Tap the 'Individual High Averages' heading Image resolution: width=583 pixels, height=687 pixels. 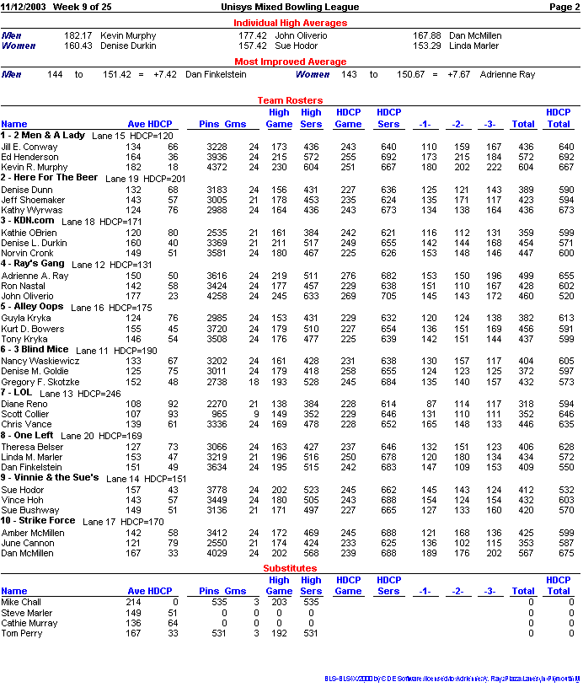(290, 23)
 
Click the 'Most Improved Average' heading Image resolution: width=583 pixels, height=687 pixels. (290, 62)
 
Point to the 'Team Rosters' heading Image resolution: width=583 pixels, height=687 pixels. (290, 100)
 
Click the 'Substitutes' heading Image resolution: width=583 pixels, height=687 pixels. (290, 568)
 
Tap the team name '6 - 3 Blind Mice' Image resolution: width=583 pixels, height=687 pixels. (35, 349)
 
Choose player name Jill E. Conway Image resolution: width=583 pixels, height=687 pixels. (29, 147)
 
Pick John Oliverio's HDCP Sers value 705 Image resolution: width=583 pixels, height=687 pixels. (388, 296)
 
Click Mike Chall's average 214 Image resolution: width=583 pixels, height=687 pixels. (133, 603)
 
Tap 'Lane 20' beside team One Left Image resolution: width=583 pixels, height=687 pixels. (78, 436)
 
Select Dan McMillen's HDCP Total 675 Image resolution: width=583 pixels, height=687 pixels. (565, 553)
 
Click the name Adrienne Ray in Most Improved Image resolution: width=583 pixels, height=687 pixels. (507, 75)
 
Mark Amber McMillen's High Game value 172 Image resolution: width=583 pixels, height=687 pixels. (278, 533)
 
